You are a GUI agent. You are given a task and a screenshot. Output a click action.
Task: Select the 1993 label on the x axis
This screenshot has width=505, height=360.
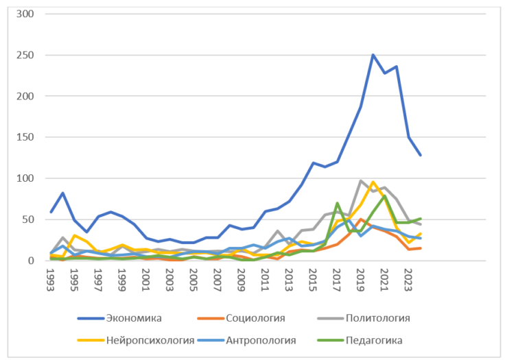(x=50, y=279)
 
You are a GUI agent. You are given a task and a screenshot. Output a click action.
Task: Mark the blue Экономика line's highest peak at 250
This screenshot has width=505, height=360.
(x=373, y=55)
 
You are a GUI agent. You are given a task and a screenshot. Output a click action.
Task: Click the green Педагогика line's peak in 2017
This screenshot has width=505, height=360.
(x=337, y=203)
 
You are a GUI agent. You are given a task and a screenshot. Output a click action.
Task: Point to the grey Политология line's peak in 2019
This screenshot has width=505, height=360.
(x=361, y=181)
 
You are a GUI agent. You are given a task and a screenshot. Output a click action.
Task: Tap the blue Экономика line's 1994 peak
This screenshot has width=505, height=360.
(x=62, y=193)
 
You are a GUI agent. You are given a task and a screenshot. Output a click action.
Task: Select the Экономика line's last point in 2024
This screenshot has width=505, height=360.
(x=421, y=156)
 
